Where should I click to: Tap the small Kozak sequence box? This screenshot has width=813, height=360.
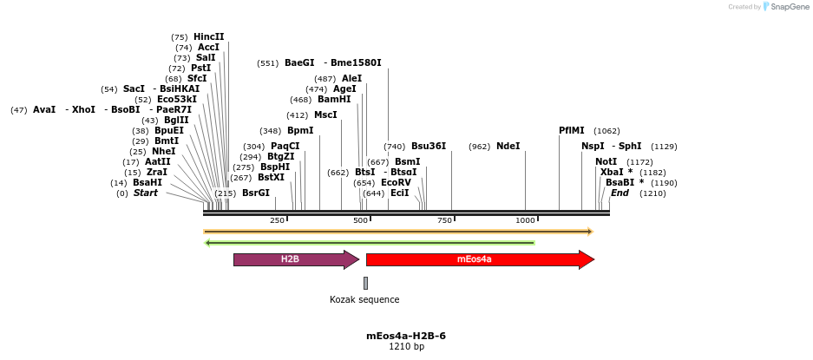[365, 283]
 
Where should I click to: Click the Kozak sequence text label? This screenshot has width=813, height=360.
[364, 299]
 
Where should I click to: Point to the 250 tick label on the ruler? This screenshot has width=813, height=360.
[277, 221]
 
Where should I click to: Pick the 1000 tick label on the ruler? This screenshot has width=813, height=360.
[525, 221]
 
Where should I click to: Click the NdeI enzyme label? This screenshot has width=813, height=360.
[508, 146]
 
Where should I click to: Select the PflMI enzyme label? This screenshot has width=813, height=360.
[571, 130]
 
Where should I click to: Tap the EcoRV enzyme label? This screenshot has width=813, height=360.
[396, 182]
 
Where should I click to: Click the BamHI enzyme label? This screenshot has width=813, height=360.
[334, 99]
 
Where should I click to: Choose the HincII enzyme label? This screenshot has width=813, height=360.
[208, 36]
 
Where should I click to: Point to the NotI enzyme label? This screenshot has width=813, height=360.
[606, 161]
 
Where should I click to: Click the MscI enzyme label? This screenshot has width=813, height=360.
[325, 115]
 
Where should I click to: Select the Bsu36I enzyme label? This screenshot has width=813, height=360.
[429, 146]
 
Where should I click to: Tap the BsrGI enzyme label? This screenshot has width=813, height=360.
[255, 193]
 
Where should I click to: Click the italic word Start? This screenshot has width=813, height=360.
[145, 193]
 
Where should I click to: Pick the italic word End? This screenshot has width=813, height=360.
[620, 193]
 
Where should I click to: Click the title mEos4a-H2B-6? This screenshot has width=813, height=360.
[406, 336]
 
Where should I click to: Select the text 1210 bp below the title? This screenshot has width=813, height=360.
[406, 347]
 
